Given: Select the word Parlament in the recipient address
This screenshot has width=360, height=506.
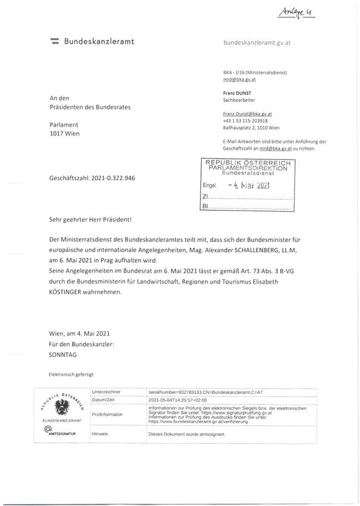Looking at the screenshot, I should [64, 125].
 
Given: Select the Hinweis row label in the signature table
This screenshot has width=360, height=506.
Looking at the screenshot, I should [100, 434].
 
